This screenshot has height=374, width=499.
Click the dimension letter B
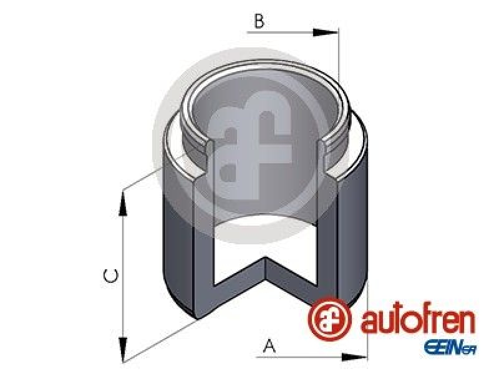(259, 21)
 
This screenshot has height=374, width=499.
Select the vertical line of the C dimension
(123, 274)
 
